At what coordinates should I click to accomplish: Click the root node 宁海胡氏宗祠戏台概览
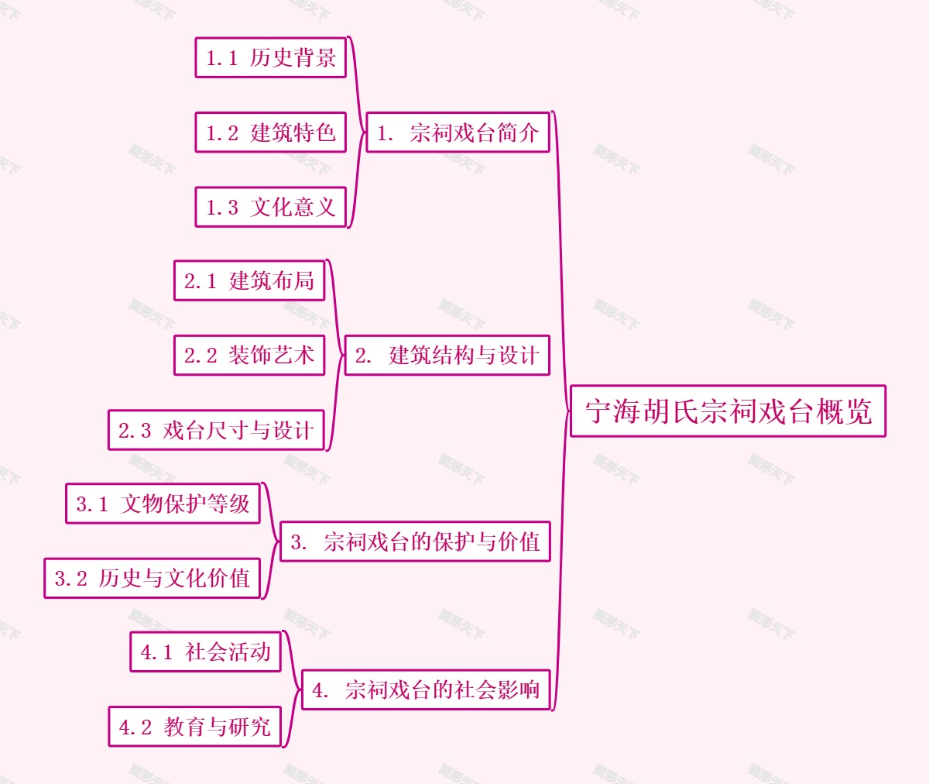[728, 411]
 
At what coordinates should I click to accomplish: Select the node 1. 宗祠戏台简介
[458, 132]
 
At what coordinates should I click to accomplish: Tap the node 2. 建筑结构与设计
[447, 356]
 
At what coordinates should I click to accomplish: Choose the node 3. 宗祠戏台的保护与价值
[415, 542]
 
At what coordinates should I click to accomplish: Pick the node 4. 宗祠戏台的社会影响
[426, 689]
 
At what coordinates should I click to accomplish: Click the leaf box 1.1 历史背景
[270, 58]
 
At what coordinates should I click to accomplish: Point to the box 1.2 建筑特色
[270, 132]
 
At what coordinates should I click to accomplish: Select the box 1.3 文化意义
[270, 207]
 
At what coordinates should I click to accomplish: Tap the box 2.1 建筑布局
[249, 280]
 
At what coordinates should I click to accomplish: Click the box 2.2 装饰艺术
[249, 356]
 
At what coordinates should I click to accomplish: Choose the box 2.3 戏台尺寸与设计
[216, 430]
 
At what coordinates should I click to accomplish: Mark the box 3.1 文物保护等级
[163, 504]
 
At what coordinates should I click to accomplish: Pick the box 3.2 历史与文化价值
[152, 578]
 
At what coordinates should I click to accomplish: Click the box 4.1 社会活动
[205, 652]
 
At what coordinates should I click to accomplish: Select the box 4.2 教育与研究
[194, 727]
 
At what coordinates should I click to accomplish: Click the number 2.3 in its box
[135, 431]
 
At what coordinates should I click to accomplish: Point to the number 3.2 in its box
[70, 579]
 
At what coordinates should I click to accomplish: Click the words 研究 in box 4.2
[249, 727]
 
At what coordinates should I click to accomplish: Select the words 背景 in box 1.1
[314, 58]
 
